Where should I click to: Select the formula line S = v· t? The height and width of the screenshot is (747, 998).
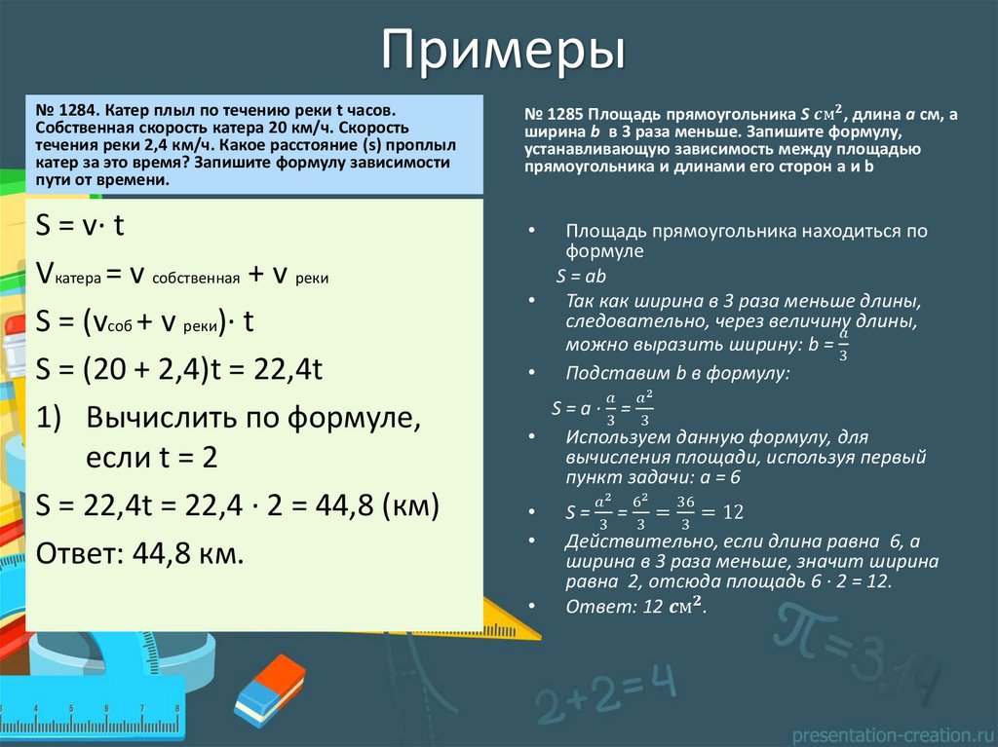[79, 226]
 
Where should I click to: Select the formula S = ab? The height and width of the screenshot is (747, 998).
[582, 276]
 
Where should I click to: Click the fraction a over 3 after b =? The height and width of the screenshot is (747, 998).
[843, 347]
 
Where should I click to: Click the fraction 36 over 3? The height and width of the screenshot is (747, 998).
[685, 511]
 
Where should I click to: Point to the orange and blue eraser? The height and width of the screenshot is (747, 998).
[269, 689]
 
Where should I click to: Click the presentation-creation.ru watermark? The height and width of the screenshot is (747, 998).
[892, 733]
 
